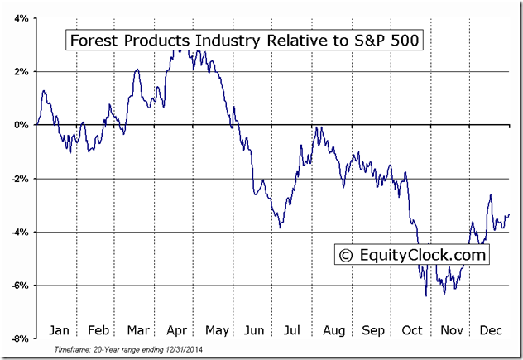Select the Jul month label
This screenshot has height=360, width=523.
point(293,330)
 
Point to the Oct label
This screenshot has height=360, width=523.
point(411,330)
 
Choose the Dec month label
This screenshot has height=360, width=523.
point(490,330)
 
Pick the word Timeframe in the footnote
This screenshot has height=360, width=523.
point(72,350)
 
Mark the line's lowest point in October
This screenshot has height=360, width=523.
point(425,295)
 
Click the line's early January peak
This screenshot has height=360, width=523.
point(43,91)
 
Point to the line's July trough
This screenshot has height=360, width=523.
point(280,227)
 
